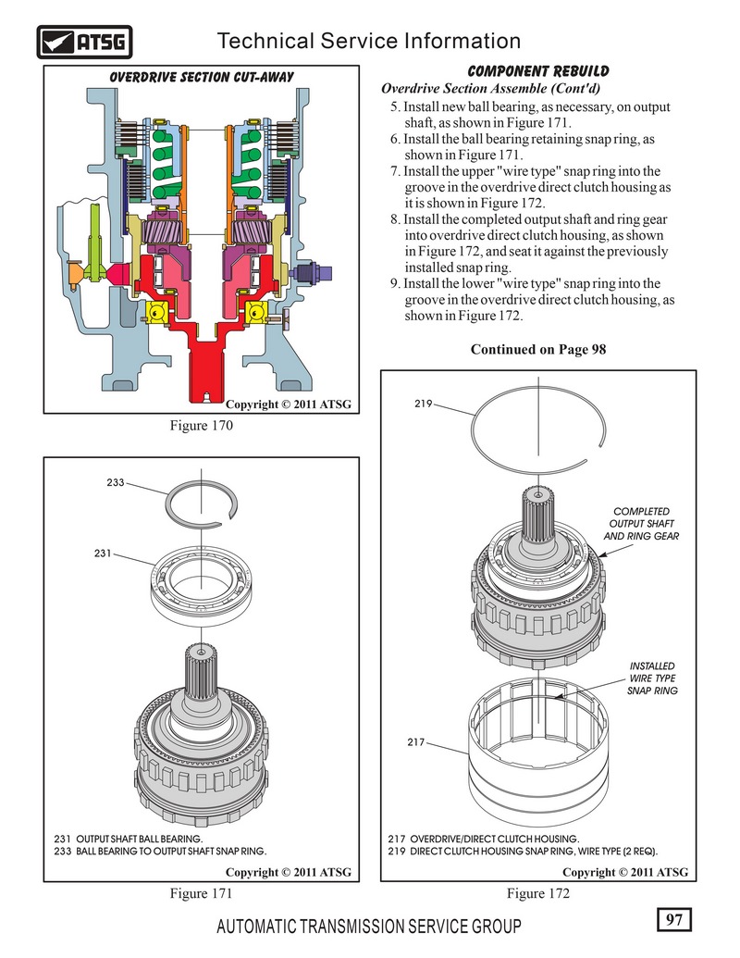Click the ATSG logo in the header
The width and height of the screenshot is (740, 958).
tap(85, 42)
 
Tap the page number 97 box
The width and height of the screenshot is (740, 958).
tap(673, 919)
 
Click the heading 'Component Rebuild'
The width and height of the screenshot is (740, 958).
tap(537, 72)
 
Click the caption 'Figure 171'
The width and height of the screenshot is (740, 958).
tap(200, 893)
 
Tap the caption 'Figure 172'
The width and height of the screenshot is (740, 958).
tap(538, 893)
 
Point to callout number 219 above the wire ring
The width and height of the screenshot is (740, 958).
tap(425, 404)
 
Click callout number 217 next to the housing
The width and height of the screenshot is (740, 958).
tap(415, 743)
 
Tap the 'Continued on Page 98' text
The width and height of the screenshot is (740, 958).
tap(538, 350)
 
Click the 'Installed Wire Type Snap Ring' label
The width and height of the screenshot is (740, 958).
tap(652, 678)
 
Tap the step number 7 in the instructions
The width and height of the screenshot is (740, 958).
tap(395, 171)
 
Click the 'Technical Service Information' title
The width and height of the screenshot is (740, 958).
tap(367, 41)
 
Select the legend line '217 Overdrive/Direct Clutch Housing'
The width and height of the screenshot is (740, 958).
tap(483, 839)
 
